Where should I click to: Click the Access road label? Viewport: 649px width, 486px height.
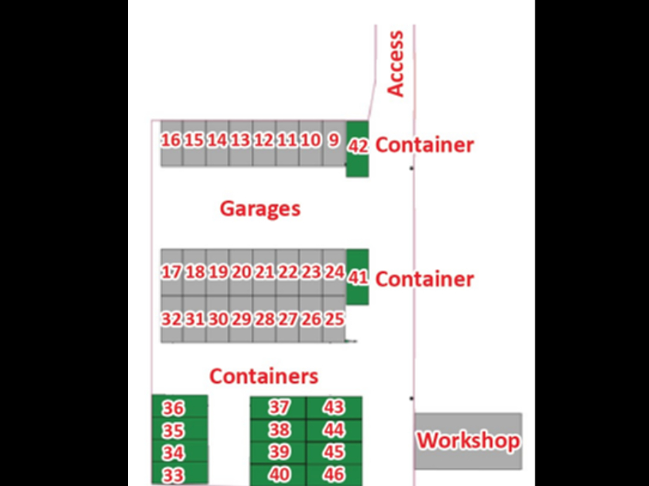tap(395, 64)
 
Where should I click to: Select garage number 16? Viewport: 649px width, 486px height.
tap(172, 144)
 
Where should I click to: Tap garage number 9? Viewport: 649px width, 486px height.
tap(335, 144)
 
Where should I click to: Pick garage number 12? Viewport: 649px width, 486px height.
tap(264, 144)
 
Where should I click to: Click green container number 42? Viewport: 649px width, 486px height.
tap(357, 149)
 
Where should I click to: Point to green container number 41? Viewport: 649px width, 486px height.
tap(357, 277)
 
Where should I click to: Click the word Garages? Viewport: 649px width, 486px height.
tap(260, 209)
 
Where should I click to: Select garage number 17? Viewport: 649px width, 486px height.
tap(172, 272)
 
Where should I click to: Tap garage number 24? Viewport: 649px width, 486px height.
tap(335, 272)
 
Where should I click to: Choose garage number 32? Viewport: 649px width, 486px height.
tap(172, 319)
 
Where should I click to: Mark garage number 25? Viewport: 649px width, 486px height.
tap(335, 319)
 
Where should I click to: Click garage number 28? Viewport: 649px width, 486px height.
tap(264, 319)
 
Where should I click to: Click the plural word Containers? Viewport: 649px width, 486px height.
tap(264, 376)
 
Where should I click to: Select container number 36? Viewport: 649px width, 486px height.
tap(179, 407)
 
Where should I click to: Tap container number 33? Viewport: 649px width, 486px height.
tap(179, 473)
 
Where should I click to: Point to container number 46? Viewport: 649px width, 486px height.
tap(334, 475)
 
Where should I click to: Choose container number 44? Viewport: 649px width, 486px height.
tap(334, 430)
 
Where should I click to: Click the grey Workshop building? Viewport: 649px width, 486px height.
tap(468, 441)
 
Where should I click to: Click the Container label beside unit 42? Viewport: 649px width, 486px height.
tap(424, 145)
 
